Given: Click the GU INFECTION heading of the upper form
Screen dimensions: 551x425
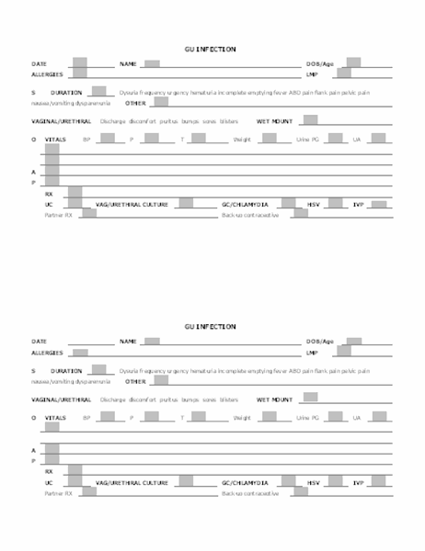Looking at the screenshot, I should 210,49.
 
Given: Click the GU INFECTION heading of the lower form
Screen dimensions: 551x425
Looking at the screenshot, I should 210,326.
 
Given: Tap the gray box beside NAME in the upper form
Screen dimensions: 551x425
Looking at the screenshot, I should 152,64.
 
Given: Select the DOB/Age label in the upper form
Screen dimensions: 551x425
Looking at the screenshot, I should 320,64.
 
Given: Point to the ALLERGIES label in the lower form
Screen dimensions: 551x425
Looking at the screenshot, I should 47,352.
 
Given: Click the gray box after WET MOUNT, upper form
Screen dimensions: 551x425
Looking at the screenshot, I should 310,119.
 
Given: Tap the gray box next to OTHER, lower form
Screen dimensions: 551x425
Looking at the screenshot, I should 161,379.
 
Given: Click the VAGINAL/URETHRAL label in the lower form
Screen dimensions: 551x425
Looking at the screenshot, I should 61,399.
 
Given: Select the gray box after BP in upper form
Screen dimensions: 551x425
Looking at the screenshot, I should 107,139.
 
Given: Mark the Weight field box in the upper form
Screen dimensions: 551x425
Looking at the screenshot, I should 268,139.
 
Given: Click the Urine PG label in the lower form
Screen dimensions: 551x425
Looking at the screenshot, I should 307,417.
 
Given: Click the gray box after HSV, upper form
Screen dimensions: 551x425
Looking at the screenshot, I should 334,203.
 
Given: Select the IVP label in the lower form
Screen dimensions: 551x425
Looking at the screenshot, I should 359,482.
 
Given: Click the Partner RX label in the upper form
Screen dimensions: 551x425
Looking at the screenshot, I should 59,214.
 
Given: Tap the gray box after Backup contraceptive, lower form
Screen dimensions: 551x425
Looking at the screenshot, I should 300,491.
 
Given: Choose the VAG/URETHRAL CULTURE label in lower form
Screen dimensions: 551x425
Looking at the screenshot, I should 132,482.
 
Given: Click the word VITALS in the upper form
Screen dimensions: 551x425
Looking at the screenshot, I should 55,139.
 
